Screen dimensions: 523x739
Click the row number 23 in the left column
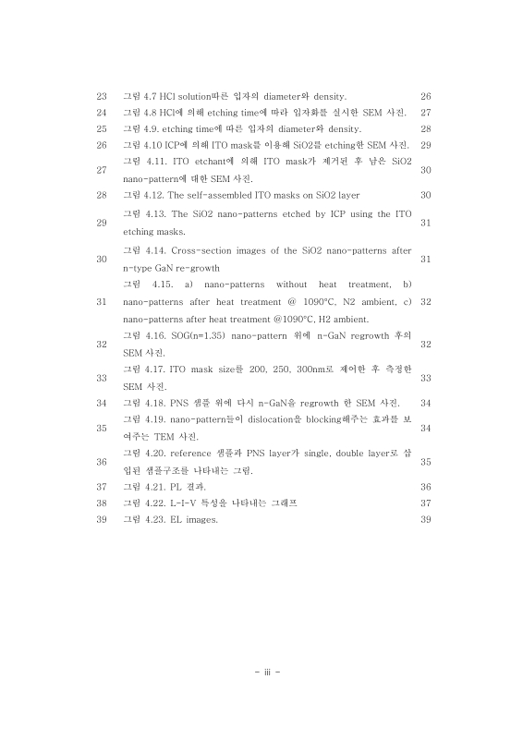point(102,96)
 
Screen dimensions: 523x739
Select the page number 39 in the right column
point(425,520)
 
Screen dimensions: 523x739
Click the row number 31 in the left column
point(102,301)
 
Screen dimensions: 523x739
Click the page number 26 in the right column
point(425,96)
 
